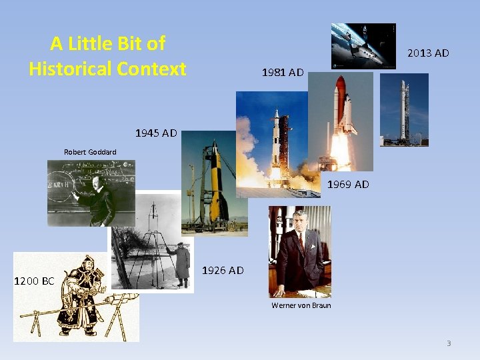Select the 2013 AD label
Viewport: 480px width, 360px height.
(428, 53)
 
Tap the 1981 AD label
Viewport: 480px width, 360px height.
(283, 72)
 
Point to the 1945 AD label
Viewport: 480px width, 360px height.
(156, 133)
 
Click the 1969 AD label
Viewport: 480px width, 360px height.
(348, 184)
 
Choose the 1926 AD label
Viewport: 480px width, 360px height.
(223, 270)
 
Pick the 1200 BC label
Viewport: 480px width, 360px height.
(34, 281)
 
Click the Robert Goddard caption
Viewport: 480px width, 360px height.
(90, 152)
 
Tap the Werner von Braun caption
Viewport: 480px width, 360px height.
(301, 305)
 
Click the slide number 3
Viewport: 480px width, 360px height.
(449, 343)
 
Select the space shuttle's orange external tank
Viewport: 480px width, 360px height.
(339, 100)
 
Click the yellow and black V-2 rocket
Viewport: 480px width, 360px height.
(215, 187)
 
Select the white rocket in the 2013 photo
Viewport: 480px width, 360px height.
(404, 110)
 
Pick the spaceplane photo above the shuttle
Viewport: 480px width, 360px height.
(363, 45)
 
